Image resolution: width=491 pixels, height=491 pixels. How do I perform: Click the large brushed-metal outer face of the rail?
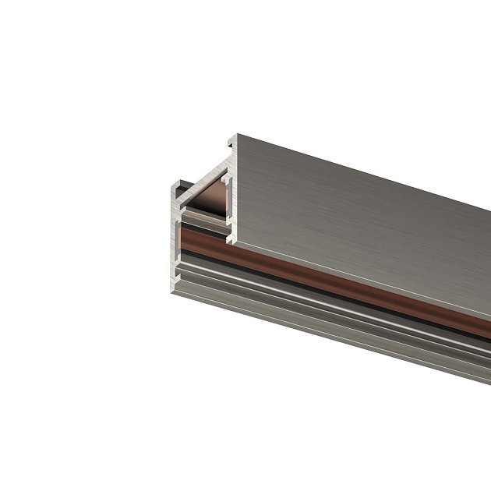[x=366, y=218]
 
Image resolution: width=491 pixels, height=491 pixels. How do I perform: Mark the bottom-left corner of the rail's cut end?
[x=172, y=296]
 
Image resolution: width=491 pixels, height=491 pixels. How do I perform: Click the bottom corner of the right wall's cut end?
[x=231, y=243]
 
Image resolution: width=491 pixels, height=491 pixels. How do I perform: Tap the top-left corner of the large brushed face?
[x=238, y=136]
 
